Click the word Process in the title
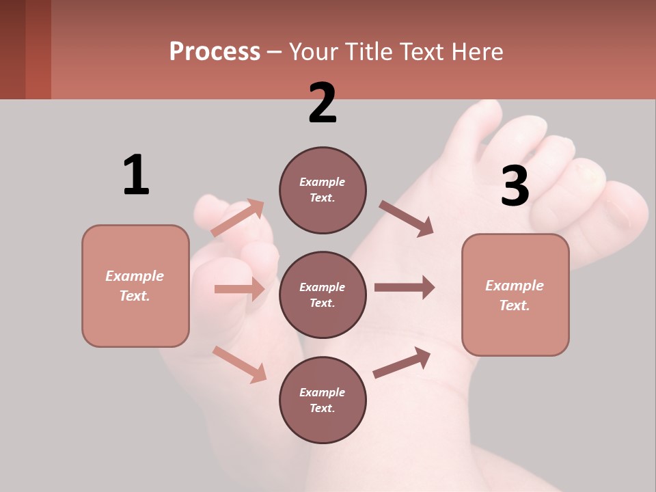215,52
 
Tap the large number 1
136,176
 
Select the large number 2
323,103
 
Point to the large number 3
515,187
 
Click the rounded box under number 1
135,286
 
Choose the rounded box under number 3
515,295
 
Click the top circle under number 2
323,190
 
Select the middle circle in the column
323,295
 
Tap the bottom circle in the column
323,400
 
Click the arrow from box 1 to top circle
237,218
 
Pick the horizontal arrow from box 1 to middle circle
239,289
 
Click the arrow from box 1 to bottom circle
239,364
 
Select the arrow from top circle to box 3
406,219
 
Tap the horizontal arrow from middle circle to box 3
404,287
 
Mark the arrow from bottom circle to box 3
402,362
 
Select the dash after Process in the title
274,53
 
